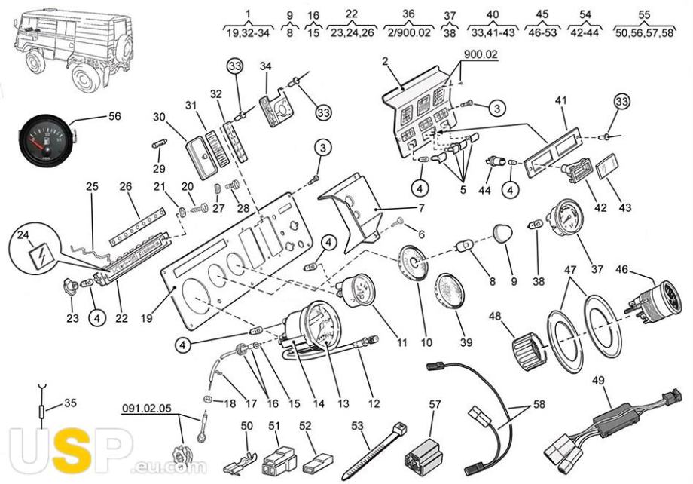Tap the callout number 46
click(x=622, y=268)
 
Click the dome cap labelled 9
click(x=504, y=235)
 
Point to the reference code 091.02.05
click(x=147, y=409)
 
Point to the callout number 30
click(x=157, y=118)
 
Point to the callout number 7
click(x=421, y=207)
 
